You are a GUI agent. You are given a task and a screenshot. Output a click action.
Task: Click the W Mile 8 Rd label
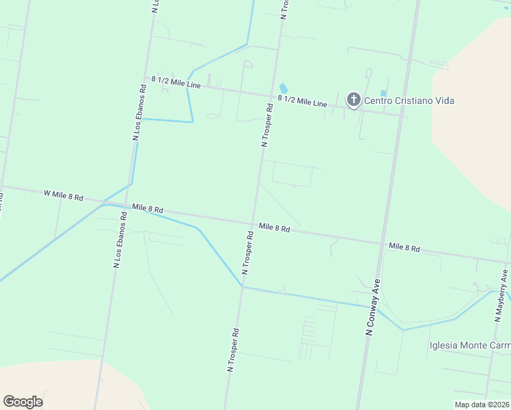click(x=63, y=195)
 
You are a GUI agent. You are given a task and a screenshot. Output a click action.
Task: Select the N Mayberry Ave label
click(x=501, y=296)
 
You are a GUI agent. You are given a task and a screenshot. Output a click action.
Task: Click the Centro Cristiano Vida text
click(x=409, y=100)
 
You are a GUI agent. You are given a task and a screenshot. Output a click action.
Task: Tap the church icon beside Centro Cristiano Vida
click(x=353, y=100)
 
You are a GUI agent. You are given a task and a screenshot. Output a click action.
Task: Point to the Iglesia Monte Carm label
click(x=469, y=345)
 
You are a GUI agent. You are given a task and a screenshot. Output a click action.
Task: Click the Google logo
click(x=23, y=402)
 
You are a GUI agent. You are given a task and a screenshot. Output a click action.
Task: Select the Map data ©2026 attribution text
click(x=482, y=405)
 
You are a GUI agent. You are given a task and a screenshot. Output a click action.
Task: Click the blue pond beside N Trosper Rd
click(x=284, y=88)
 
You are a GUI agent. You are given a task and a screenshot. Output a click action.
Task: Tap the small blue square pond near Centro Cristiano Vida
click(x=383, y=93)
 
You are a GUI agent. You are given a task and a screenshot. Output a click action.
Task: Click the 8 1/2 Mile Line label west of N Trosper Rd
click(x=176, y=82)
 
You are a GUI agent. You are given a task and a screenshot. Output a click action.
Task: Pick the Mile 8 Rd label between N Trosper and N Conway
click(x=274, y=228)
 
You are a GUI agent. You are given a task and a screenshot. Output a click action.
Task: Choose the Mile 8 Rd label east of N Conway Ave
click(x=404, y=247)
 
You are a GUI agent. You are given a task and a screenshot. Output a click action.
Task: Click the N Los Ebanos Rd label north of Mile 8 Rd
click(x=139, y=113)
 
